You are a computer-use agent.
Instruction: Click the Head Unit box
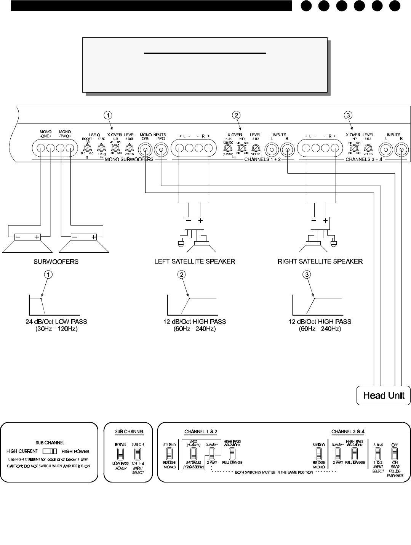click(384, 395)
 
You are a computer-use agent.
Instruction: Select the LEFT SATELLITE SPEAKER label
click(194, 261)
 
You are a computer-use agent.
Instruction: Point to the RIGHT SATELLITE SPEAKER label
click(320, 261)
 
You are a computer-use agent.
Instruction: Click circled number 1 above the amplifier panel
click(109, 115)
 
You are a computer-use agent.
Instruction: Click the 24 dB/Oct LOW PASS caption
click(56, 322)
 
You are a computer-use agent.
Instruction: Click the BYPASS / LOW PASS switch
click(120, 454)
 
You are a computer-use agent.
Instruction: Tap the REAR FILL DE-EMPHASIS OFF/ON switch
click(395, 454)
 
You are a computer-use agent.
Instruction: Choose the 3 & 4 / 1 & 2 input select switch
click(378, 454)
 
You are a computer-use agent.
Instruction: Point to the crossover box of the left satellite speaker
click(194, 223)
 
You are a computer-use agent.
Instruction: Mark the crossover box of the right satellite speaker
click(320, 223)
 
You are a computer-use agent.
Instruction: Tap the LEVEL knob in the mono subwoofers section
click(129, 147)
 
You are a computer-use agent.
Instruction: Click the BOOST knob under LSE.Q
click(87, 147)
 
